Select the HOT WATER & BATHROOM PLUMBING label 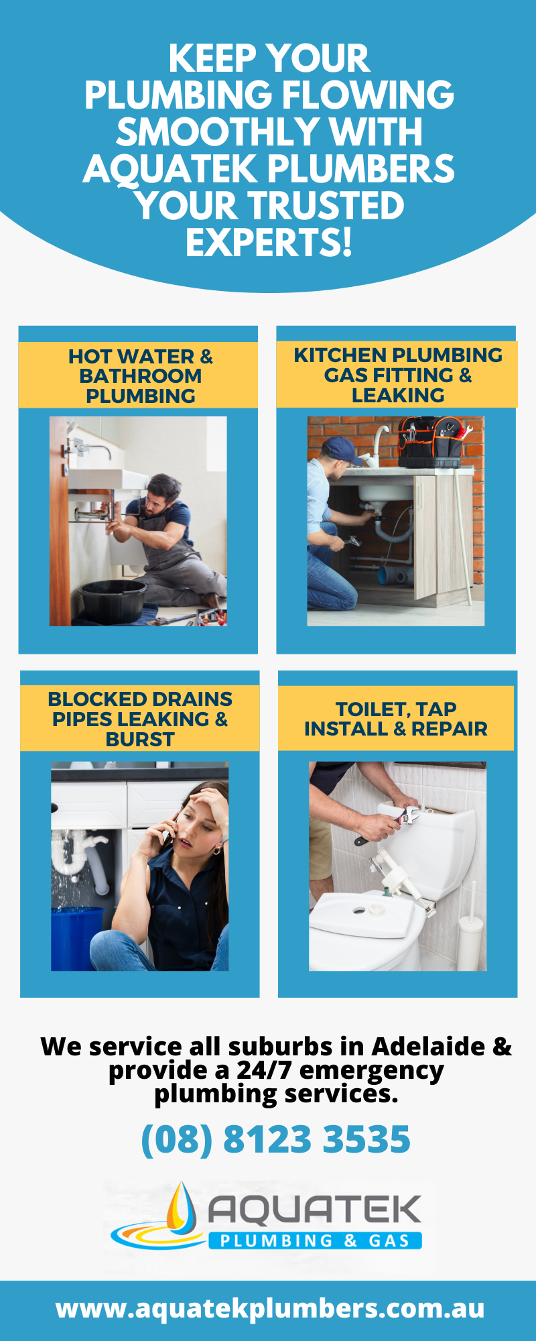click(x=140, y=376)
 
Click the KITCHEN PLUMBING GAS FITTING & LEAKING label click(x=397, y=375)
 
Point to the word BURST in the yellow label click(x=140, y=740)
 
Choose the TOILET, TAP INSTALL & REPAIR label click(x=396, y=719)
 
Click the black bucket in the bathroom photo click(x=113, y=600)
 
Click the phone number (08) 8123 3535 click(x=275, y=1139)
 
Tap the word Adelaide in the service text click(x=429, y=1047)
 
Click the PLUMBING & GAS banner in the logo click(x=315, y=1240)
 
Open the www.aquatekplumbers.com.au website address click(x=270, y=1308)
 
